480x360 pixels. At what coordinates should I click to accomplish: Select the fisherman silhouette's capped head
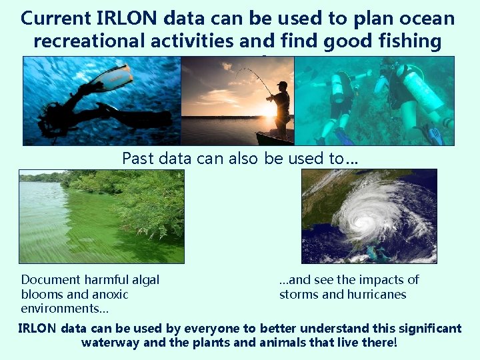[x=283, y=85]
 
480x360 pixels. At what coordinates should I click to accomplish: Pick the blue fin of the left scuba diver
[x=343, y=137]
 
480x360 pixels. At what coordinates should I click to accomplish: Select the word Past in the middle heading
[x=138, y=159]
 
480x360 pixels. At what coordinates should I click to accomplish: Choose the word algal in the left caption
[x=143, y=280]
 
